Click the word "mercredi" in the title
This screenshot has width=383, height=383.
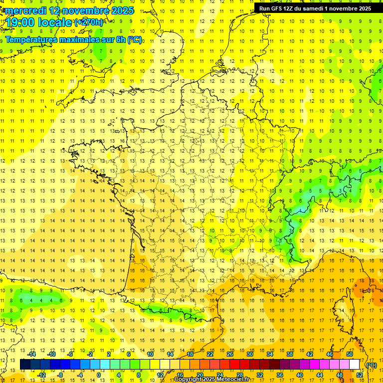tap(25, 10)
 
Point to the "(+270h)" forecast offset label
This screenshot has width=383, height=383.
tap(89, 22)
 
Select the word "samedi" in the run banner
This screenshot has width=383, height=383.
tap(317, 8)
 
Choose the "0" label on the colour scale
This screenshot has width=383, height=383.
tap(98, 375)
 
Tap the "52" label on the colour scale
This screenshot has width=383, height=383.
tap(360, 375)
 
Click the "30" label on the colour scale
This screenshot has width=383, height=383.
tap(249, 354)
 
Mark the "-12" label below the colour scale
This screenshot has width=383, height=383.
tap(41, 375)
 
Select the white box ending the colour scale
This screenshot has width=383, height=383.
tap(354, 365)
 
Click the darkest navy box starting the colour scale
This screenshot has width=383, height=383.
tap(25, 365)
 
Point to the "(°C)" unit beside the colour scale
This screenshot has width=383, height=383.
tap(371, 365)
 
